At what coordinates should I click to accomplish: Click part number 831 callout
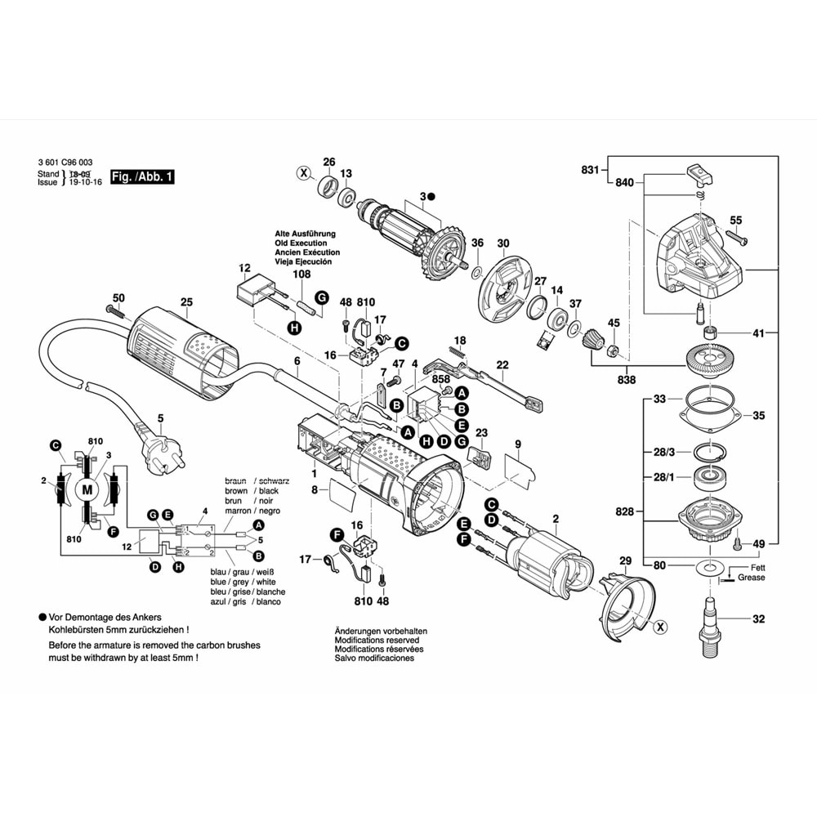tap(590, 170)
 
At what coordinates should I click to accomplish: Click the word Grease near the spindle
tap(751, 578)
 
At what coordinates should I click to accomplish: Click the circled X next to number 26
tap(304, 173)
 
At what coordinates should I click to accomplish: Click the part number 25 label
tap(186, 302)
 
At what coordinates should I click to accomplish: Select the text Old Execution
tap(301, 243)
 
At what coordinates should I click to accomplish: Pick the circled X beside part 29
tap(660, 627)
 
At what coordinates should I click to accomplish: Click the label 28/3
tap(664, 452)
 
